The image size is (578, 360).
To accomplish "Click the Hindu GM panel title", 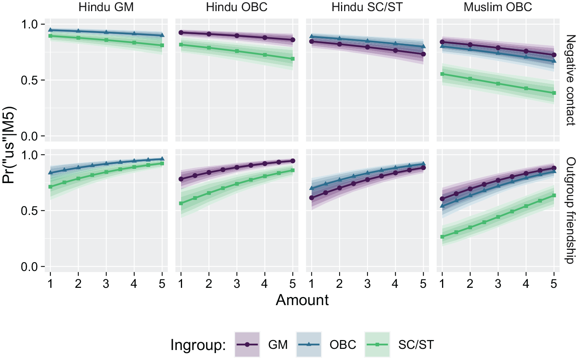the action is click(106, 7).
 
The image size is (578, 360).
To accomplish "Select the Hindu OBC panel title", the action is click(237, 7).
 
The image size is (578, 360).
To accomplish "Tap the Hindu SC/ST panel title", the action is click(367, 7).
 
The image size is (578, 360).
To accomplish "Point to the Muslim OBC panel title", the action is click(498, 7).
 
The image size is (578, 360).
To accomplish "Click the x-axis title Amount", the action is click(302, 300).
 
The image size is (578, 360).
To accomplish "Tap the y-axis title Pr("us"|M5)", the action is click(9, 145).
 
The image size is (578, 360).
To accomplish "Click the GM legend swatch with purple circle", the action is click(247, 345).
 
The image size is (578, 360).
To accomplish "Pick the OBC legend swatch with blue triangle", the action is click(309, 345).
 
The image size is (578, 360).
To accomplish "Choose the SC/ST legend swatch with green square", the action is click(377, 345).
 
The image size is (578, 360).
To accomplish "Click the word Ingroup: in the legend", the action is click(198, 345).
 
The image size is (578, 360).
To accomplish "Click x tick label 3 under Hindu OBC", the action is click(237, 284).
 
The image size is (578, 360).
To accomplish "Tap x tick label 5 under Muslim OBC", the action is click(554, 284).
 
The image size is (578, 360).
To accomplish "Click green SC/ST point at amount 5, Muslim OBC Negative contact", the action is click(554, 93).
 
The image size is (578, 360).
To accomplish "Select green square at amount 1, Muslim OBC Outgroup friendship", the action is click(442, 237).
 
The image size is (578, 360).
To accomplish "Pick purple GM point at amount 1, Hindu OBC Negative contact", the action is click(181, 33).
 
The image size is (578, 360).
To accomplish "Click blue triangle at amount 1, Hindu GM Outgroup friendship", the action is click(51, 172).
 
